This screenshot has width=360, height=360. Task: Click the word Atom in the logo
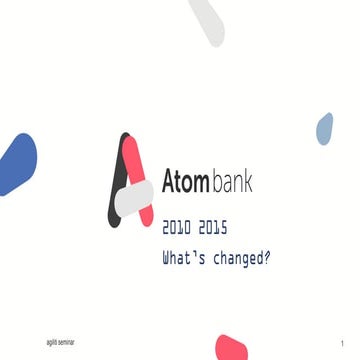click(x=185, y=183)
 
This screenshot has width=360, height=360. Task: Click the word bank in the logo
click(x=232, y=182)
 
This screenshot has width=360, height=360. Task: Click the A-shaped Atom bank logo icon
click(x=131, y=182)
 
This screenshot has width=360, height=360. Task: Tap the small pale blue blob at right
click(x=324, y=127)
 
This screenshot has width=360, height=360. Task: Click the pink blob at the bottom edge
click(x=231, y=348)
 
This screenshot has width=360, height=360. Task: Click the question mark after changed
click(x=267, y=257)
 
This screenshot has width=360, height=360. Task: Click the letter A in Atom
click(x=170, y=183)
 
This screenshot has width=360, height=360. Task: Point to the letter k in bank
click(x=248, y=182)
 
